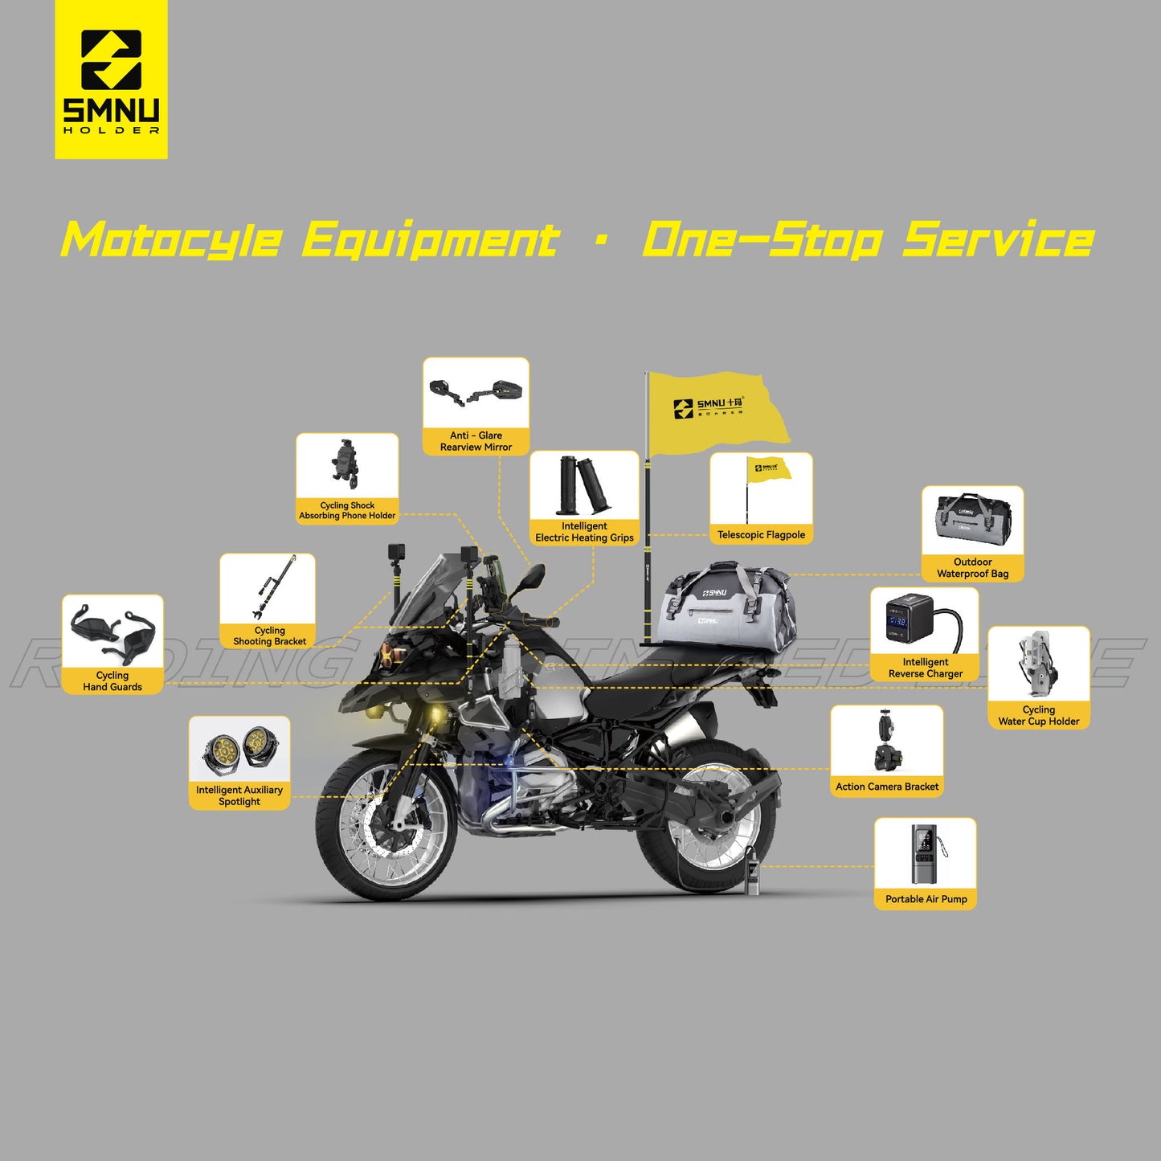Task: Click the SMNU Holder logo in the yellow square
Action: click(x=111, y=80)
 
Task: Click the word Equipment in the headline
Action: click(x=431, y=240)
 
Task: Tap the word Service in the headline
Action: click(x=998, y=240)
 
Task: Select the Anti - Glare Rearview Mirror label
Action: click(x=476, y=441)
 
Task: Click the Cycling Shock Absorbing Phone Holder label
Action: click(x=347, y=511)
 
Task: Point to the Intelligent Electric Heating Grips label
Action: click(x=584, y=532)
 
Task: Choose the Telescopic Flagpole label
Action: click(x=761, y=535)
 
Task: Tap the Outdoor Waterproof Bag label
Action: click(x=972, y=568)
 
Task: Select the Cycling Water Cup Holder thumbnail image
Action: click(x=1038, y=664)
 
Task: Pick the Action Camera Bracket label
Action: click(x=887, y=787)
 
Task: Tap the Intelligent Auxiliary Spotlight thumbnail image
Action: click(x=239, y=749)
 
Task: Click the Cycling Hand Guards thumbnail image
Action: click(x=112, y=632)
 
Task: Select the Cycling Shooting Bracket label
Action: click(x=269, y=636)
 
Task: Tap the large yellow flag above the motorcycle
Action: click(x=715, y=410)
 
